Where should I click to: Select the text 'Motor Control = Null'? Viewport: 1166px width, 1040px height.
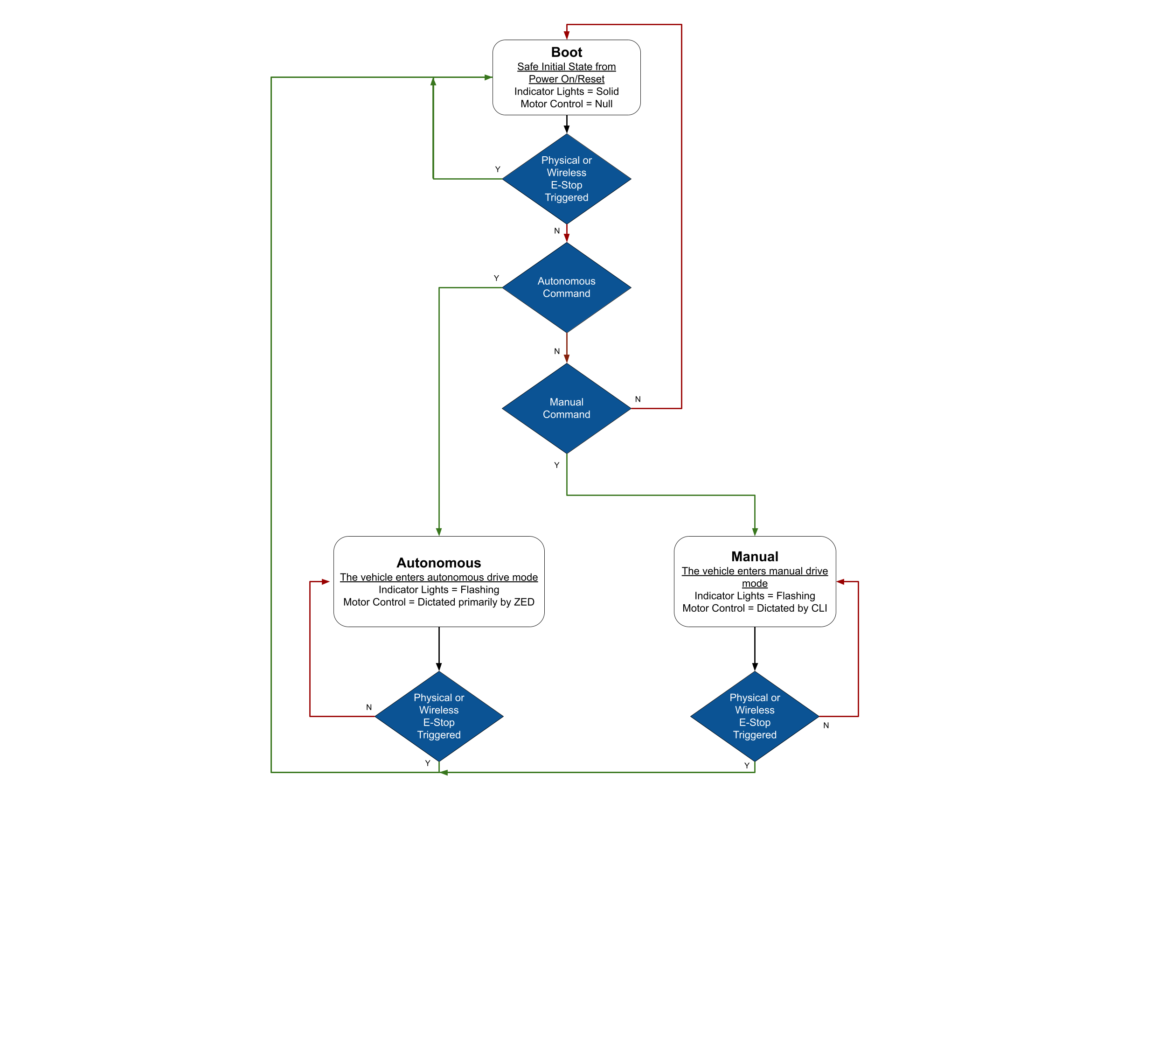click(566, 104)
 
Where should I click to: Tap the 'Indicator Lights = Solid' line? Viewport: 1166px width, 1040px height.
click(566, 91)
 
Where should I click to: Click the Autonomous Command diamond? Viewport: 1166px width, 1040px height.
click(566, 287)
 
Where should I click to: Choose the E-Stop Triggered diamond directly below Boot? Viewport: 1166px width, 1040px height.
click(566, 179)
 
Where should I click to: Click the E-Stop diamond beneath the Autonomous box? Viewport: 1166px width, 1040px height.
click(439, 716)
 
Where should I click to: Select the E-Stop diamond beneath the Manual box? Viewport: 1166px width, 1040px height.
click(755, 716)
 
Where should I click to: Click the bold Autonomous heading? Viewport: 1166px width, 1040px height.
click(439, 563)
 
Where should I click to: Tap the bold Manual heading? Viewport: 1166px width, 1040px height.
click(755, 557)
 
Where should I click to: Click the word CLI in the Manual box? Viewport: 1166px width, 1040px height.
click(819, 608)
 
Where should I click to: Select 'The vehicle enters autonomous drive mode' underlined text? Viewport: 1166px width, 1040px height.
click(439, 578)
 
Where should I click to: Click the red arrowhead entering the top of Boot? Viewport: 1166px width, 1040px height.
click(567, 35)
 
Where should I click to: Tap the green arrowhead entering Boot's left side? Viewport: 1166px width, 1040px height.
click(488, 77)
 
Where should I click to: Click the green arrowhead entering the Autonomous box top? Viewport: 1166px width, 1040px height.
click(439, 532)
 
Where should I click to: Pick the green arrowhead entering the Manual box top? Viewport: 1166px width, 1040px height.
click(755, 532)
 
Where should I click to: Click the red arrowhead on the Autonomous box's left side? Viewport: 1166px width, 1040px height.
click(326, 582)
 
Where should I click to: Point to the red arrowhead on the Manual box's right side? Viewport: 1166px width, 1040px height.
click(841, 582)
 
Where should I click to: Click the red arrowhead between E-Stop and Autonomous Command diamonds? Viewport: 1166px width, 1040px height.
click(567, 237)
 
